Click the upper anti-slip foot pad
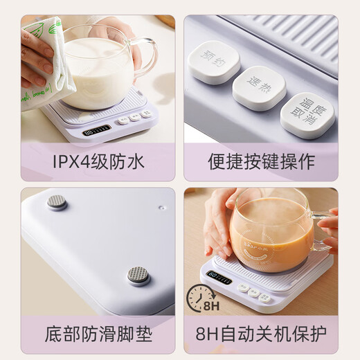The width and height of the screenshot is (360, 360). point(56,202)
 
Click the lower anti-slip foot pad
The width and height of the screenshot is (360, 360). point(138,276)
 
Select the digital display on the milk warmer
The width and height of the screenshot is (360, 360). point(96,130)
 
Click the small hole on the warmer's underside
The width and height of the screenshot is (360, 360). point(161,206)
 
